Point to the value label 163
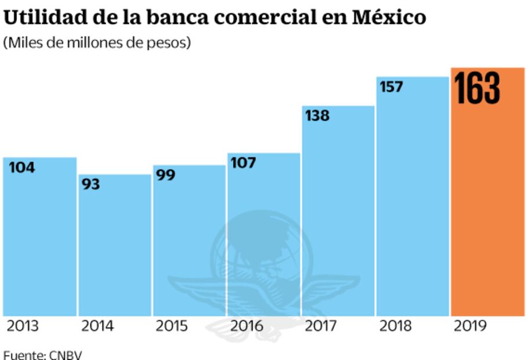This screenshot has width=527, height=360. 477,88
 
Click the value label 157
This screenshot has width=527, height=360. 391,87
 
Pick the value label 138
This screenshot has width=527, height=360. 317,116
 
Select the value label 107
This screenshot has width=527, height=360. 243,163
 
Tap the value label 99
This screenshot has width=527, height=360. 166,175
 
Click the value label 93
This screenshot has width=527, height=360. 91,185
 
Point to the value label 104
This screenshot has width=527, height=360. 22,168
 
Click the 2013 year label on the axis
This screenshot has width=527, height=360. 23,326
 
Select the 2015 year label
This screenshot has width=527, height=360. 172,326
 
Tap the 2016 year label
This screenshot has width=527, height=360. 247,326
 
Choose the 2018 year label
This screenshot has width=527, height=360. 396,326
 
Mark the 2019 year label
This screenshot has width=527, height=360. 470,326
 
